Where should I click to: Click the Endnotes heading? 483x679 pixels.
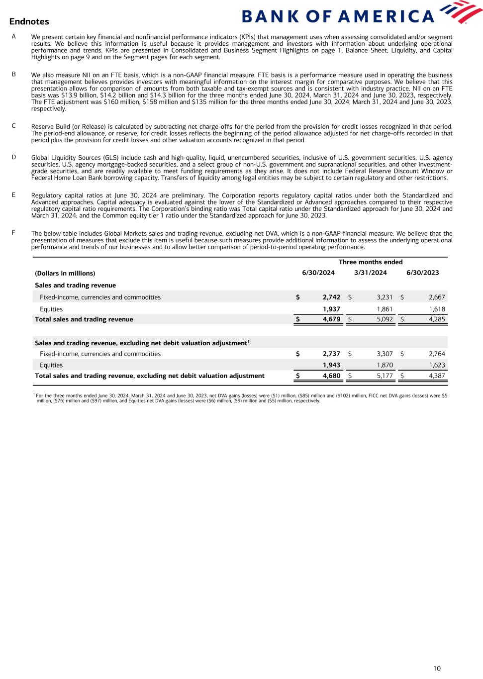pos(29,21)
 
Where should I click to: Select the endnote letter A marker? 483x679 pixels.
pos(13,36)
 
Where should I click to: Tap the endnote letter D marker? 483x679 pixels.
pos(13,157)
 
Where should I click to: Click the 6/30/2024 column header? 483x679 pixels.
pos(318,273)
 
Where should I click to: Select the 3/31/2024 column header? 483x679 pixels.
pos(371,273)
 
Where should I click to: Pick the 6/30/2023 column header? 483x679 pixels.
pos(422,273)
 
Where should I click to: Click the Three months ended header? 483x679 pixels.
pos(371,262)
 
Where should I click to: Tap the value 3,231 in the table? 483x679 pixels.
pos(385,297)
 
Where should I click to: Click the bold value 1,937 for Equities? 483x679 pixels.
pos(331,309)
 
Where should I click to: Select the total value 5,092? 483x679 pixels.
pos(385,319)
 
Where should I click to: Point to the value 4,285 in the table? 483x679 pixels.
pos(437,319)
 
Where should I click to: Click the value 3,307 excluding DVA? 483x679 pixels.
pos(385,354)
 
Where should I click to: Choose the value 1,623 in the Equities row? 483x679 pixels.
pos(437,365)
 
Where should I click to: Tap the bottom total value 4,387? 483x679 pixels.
pos(437,376)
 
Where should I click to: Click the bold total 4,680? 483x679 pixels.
pos(331,376)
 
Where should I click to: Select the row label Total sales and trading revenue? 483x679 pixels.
pos(84,319)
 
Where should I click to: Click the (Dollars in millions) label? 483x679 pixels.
pos(65,273)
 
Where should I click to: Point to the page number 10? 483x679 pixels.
pos(437,668)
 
